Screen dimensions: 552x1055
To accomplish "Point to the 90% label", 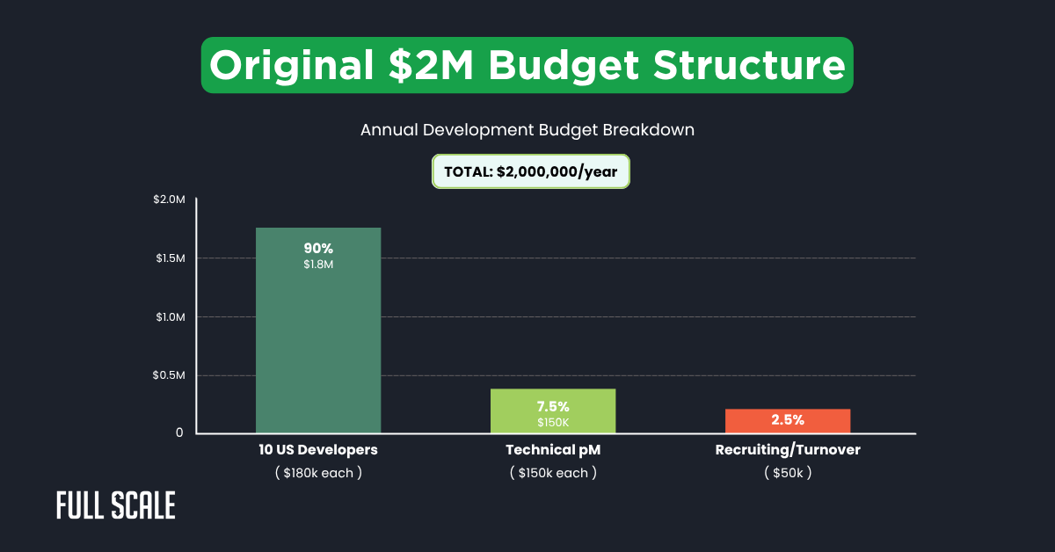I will click(x=318, y=248).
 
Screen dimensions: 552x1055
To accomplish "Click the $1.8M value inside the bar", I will click(x=318, y=265).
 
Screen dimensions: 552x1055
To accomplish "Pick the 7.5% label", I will click(x=553, y=406).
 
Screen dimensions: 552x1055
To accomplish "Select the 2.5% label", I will click(x=788, y=420).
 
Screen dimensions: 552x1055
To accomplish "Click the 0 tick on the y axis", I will click(x=178, y=433).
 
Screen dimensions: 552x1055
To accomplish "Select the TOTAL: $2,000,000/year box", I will click(x=531, y=171).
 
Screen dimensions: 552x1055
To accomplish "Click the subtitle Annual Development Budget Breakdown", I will click(x=527, y=129).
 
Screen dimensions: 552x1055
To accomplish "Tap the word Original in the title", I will click(x=287, y=66).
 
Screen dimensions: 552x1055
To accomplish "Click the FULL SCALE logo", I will click(x=116, y=505).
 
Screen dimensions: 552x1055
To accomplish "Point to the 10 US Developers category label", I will click(x=317, y=450).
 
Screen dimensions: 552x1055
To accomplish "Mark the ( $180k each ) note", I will click(x=317, y=473).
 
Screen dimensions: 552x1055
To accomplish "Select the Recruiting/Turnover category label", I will click(x=787, y=450).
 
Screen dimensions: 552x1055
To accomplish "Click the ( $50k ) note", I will click(x=787, y=473).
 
